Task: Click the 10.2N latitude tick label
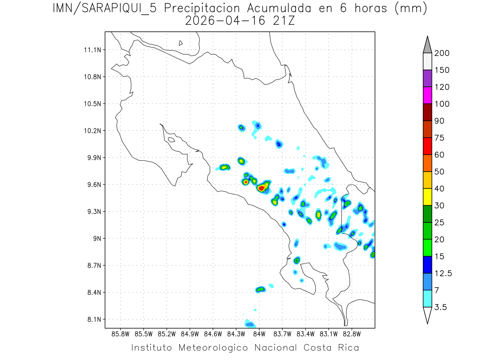[93, 131]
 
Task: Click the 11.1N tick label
[93, 50]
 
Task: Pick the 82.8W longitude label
[352, 333]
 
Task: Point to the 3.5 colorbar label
[440, 307]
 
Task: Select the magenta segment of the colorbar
[427, 95]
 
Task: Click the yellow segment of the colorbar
[427, 196]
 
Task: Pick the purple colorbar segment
[427, 78]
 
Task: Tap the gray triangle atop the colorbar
[427, 45]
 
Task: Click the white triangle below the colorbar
[427, 315]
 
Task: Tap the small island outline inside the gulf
[171, 140]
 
